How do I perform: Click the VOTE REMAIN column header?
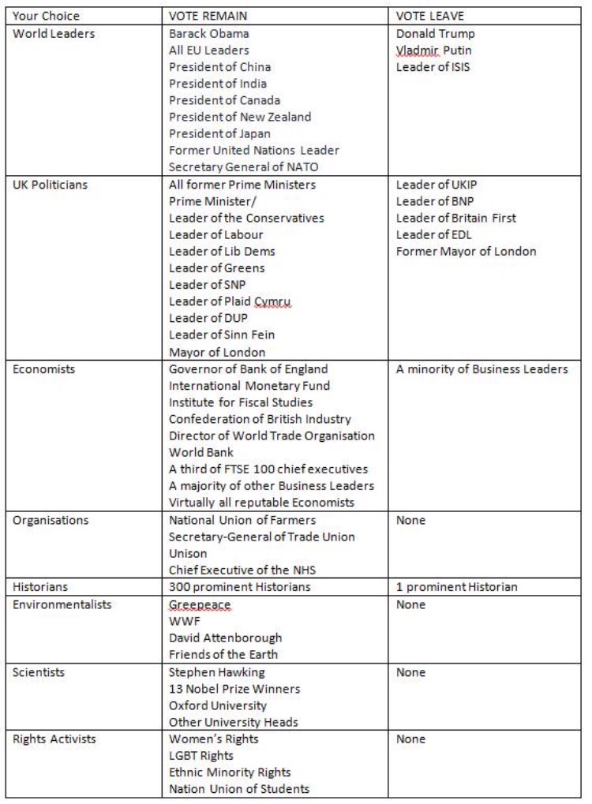(207, 16)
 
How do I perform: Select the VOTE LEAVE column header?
(430, 16)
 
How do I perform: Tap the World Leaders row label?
(54, 33)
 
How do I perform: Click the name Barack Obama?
(209, 33)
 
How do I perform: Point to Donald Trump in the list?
(436, 33)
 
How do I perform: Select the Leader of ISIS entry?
(433, 67)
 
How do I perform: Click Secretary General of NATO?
(243, 166)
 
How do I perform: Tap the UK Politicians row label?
(51, 185)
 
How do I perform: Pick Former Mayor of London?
(466, 251)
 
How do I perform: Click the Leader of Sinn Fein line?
(222, 335)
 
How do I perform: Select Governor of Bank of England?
(249, 368)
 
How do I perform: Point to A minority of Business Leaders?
(481, 368)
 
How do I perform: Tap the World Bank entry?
(201, 452)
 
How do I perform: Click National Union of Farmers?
(242, 520)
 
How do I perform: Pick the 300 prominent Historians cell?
(240, 586)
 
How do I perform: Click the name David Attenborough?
(225, 638)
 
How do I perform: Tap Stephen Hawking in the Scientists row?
(217, 672)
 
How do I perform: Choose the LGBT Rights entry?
(201, 756)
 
